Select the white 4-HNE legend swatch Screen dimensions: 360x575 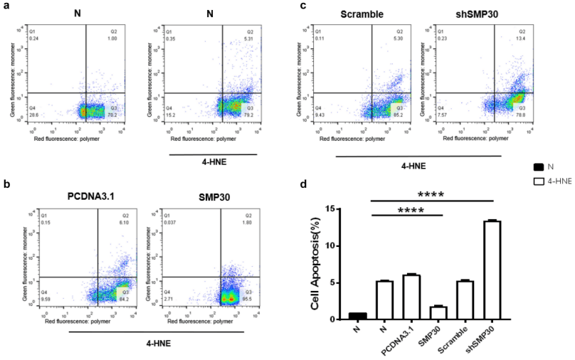point(539,183)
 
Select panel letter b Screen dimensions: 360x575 point(6,184)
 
